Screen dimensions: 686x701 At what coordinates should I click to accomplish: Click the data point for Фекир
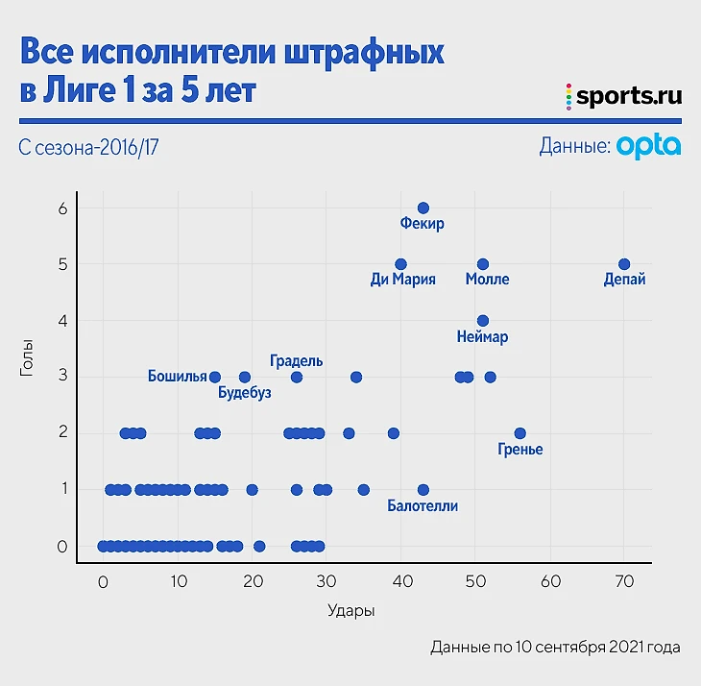click(423, 208)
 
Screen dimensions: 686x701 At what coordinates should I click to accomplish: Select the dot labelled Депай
click(624, 264)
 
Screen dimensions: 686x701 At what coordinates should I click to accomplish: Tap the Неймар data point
click(483, 321)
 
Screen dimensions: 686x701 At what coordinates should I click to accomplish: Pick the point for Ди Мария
click(401, 264)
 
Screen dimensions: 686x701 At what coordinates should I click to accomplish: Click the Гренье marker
click(520, 433)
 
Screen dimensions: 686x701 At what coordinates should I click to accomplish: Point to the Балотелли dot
click(423, 489)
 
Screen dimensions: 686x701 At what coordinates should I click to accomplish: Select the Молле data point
click(483, 264)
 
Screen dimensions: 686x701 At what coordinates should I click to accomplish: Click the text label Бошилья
click(178, 376)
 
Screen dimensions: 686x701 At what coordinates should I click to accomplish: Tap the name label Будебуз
click(245, 393)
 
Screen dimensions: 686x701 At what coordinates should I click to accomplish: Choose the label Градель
click(297, 361)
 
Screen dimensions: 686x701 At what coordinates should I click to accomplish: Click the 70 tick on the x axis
click(624, 581)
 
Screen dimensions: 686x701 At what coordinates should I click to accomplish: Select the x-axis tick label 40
click(401, 581)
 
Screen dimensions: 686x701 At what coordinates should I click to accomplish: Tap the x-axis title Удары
click(350, 611)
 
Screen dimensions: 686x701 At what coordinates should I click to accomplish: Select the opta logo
click(649, 146)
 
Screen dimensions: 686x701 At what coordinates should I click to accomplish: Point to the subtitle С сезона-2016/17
click(87, 148)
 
